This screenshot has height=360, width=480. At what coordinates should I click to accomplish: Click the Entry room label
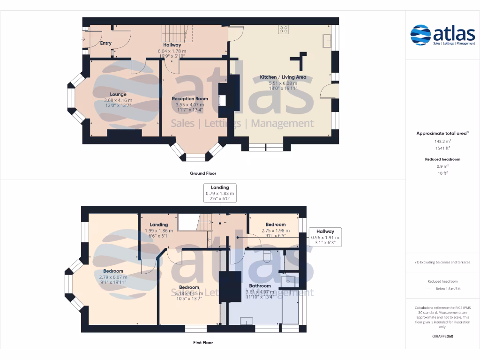pyautogui.click(x=106, y=43)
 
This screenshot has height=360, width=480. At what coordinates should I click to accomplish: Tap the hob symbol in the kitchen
pyautogui.click(x=284, y=30)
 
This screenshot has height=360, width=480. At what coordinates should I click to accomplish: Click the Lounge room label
pyautogui.click(x=118, y=94)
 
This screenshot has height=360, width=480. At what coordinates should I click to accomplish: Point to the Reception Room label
pyautogui.click(x=190, y=99)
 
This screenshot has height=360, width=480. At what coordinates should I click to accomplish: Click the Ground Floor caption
pyautogui.click(x=203, y=173)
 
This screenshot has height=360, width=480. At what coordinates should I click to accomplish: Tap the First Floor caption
pyautogui.click(x=203, y=343)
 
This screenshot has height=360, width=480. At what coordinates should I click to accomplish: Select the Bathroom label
pyautogui.click(x=260, y=285)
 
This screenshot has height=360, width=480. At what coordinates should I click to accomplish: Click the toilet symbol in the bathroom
pyautogui.click(x=266, y=255)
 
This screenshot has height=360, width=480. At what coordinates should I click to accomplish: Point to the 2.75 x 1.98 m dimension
pyautogui.click(x=276, y=230)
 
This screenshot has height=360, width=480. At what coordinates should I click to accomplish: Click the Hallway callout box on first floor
pyautogui.click(x=325, y=237)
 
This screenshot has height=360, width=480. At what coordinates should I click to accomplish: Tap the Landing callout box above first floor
pyautogui.click(x=220, y=193)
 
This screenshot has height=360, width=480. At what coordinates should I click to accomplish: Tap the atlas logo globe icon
pyautogui.click(x=420, y=36)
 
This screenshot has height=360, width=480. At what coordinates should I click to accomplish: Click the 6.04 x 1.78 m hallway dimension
pyautogui.click(x=172, y=51)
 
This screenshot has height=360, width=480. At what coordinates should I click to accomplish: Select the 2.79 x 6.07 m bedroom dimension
pyautogui.click(x=113, y=277)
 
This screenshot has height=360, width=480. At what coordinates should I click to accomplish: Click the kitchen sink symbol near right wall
pyautogui.click(x=327, y=41)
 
